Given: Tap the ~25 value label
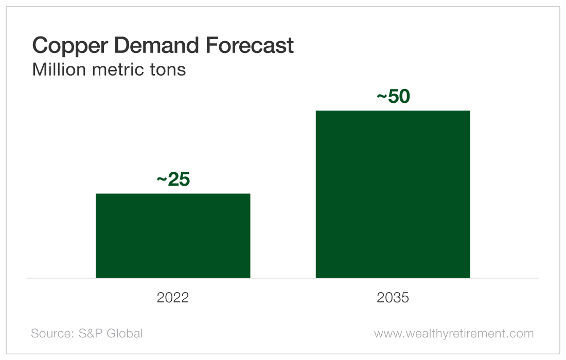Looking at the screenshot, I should pos(173,180).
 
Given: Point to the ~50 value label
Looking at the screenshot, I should pos(393,97).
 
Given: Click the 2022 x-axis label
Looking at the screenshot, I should pos(173,298).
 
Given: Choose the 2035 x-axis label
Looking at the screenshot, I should pos(393,298).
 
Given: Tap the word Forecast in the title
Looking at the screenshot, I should pos(251,45).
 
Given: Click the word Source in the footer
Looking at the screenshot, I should pos(52,333).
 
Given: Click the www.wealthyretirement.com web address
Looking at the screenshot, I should pos(454,333).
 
